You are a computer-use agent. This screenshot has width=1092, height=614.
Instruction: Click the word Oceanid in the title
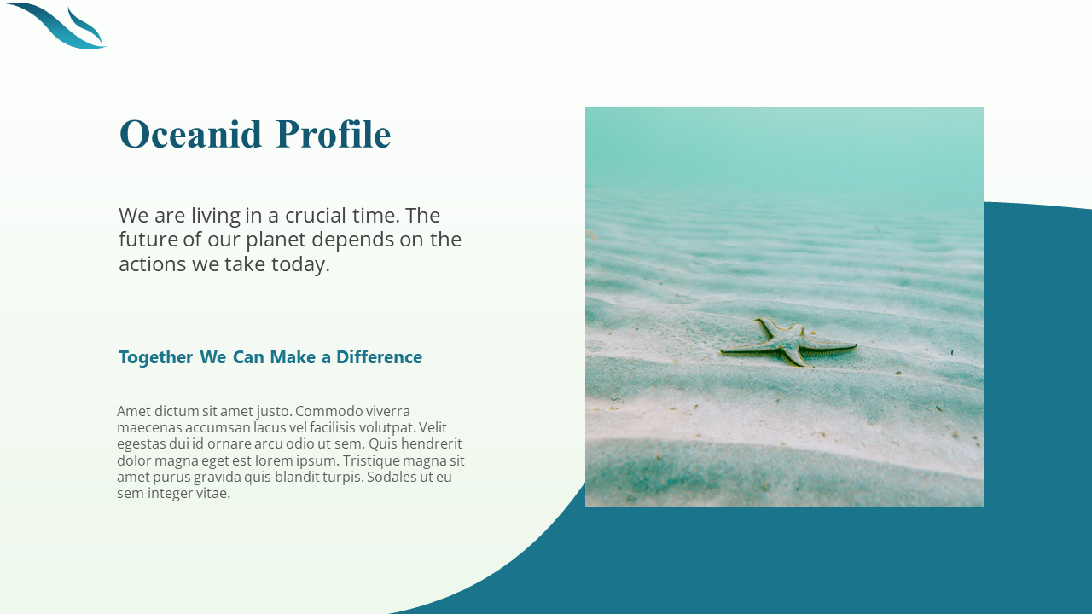tap(190, 135)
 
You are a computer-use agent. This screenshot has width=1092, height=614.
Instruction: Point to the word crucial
tap(321, 215)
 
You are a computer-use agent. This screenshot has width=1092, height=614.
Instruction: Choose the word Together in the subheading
tap(155, 357)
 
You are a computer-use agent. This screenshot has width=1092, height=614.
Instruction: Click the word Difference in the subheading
tap(379, 357)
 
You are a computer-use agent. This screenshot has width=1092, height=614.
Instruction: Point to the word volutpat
tap(385, 427)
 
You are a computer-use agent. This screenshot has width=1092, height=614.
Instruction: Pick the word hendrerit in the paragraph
tap(430, 443)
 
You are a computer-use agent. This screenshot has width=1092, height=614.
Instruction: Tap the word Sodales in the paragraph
tap(395, 477)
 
